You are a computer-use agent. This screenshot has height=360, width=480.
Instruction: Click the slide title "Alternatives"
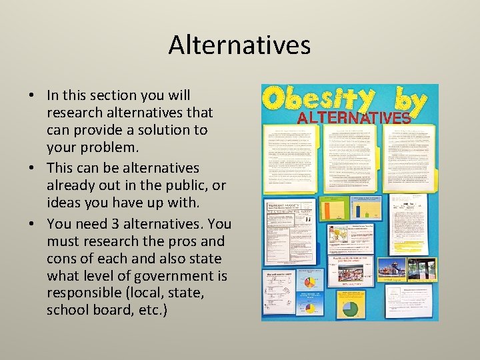click(x=239, y=45)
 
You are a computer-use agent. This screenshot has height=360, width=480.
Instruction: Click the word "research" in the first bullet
click(x=73, y=113)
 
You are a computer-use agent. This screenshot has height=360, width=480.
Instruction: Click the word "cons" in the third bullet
click(x=63, y=258)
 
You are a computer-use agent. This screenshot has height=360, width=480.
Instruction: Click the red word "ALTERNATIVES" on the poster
click(x=353, y=118)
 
